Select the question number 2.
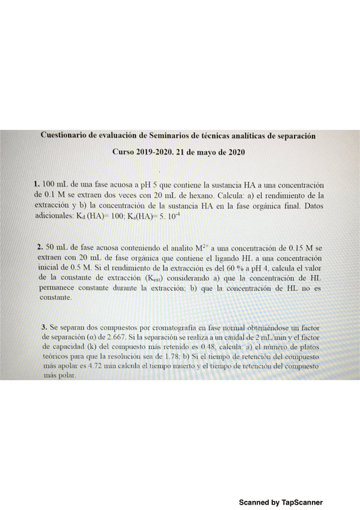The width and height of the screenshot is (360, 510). tap(40, 247)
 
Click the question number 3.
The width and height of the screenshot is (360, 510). tap(44, 327)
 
